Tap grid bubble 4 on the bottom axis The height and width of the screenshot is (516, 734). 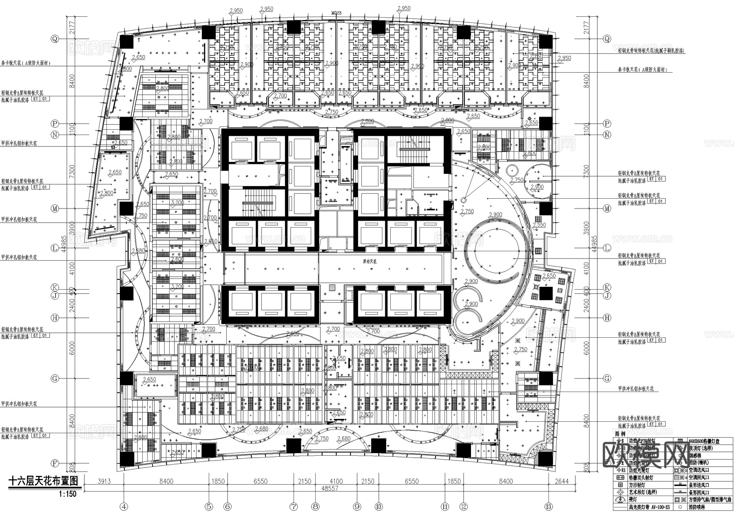pos(124,507)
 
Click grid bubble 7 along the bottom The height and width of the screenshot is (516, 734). pos(294,507)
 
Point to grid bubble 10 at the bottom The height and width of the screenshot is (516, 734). pos(379,507)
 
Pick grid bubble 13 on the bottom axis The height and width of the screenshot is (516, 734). pos(548,507)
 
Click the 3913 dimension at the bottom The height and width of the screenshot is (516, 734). pos(104,481)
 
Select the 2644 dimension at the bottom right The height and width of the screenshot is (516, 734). pos(562,481)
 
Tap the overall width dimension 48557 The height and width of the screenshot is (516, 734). pos(329,488)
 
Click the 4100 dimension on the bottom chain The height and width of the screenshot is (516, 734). pos(336,481)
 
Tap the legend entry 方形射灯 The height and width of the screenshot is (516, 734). pos(639,485)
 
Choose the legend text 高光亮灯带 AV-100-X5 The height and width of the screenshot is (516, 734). pos(648,507)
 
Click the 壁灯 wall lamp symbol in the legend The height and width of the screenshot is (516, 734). pos(621,500)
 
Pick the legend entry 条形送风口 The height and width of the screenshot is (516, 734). pos(700,485)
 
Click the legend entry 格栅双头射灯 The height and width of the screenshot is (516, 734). pos(641,478)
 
